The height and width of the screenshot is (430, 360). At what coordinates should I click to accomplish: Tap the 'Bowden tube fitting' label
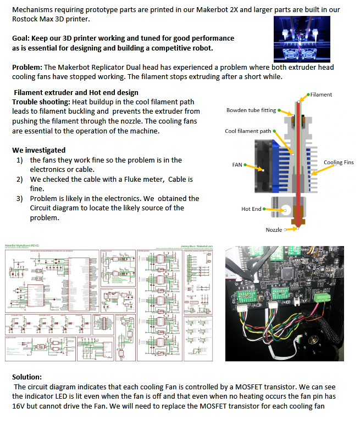click(251, 110)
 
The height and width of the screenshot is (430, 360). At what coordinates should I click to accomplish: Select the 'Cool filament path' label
click(248, 131)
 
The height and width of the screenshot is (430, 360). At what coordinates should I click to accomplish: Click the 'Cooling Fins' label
click(339, 163)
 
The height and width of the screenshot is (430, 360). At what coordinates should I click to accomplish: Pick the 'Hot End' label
click(251, 209)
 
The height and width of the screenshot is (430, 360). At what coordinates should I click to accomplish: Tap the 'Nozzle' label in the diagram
click(274, 230)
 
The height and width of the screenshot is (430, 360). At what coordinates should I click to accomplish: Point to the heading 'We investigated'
click(38, 150)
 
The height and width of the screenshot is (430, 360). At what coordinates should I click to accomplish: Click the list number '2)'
click(19, 180)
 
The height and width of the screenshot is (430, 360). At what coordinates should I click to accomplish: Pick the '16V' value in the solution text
click(20, 406)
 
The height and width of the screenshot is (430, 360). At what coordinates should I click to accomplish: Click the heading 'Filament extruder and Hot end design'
click(76, 92)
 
